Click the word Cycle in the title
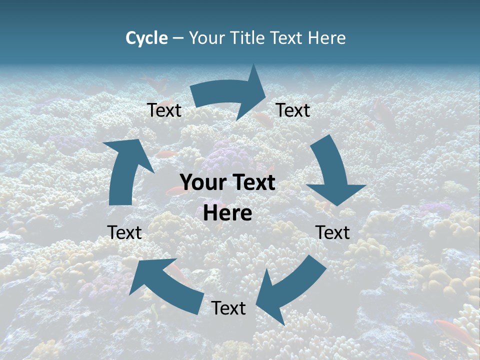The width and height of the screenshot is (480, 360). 146,38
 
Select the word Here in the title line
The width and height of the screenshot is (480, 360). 327,38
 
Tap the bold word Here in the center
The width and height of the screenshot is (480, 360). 227,213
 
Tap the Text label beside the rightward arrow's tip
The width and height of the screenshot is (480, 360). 293,110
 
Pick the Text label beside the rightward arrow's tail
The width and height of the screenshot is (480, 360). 164,110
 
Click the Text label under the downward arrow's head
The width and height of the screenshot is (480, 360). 332,232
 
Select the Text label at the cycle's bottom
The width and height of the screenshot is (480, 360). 228,308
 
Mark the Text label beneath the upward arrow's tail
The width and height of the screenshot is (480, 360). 124,232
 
